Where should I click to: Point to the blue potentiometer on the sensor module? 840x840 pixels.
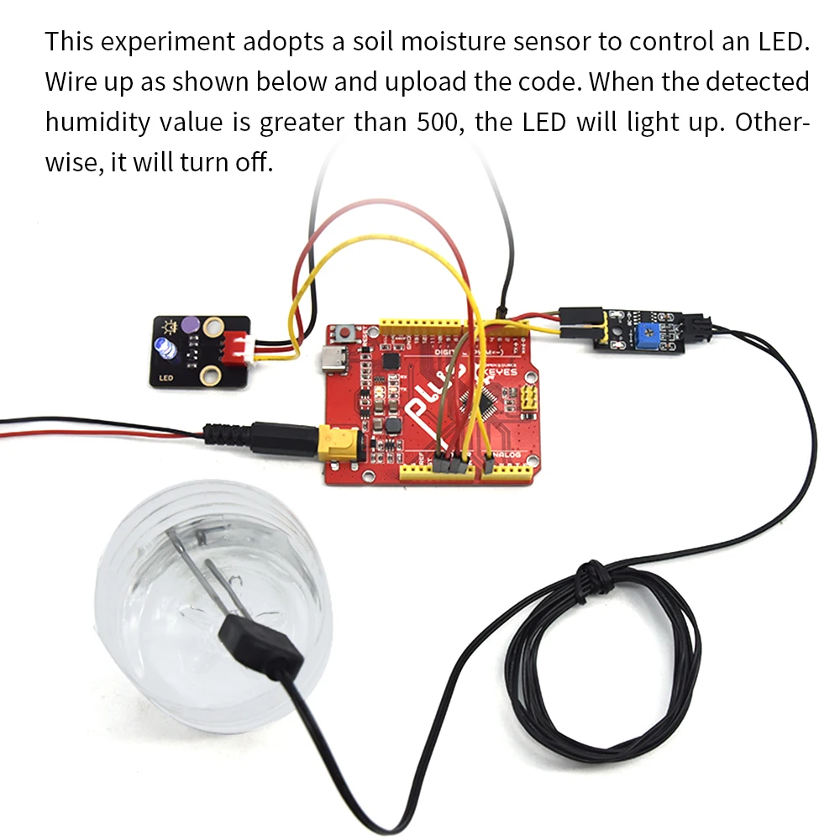647,335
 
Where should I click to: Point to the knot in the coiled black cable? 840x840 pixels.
595,579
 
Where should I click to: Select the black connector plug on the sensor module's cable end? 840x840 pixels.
706,328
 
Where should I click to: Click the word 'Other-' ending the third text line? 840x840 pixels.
772,122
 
